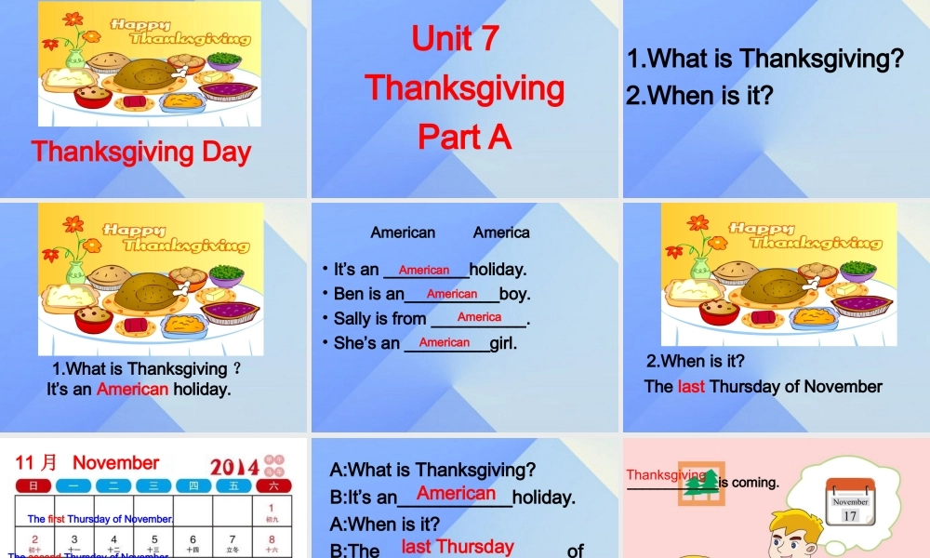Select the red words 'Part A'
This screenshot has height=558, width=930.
coord(464,137)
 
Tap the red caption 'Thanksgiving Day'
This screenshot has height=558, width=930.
coord(141,151)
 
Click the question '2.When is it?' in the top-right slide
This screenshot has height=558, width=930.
coord(699,95)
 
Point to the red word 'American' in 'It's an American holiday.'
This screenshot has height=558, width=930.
coord(133,389)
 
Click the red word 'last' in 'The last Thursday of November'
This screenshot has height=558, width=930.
coord(691,386)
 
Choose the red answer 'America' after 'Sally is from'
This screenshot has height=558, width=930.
coord(479,317)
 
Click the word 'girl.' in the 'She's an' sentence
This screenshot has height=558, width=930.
coord(503,342)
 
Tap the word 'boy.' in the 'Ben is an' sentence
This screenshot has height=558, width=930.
coord(514,294)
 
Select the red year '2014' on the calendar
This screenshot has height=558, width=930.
coord(234,467)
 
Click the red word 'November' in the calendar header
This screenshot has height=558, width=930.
coord(116,462)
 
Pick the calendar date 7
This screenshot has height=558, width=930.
coord(232,539)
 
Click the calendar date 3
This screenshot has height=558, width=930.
coord(74,539)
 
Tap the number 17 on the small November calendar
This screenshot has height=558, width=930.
coord(850,515)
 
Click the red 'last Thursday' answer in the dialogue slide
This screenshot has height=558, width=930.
coord(458,547)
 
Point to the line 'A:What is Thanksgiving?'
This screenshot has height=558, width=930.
coord(433,470)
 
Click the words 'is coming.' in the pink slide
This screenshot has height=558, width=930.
coord(749,482)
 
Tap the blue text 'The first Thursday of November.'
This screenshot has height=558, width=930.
coord(100,519)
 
